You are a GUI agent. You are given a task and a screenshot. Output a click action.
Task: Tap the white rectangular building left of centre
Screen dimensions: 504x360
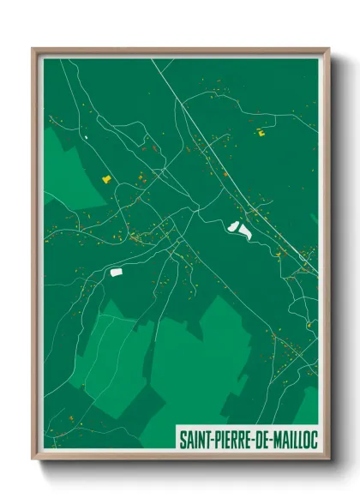pos(117,272)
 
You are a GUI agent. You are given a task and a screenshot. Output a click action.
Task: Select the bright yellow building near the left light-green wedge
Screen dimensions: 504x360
pos(107,178)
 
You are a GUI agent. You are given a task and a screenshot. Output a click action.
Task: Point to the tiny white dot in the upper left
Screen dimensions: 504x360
pos(87,135)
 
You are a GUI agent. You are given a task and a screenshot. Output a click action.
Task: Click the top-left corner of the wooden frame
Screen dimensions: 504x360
pos(33,49)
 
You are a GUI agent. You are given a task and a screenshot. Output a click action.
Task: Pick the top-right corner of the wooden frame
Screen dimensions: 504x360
pos(329,49)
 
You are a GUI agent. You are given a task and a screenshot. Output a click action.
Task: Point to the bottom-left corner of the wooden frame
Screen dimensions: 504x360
pos(33,460)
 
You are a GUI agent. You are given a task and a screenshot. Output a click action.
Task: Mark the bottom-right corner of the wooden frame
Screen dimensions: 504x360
pos(329,460)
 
